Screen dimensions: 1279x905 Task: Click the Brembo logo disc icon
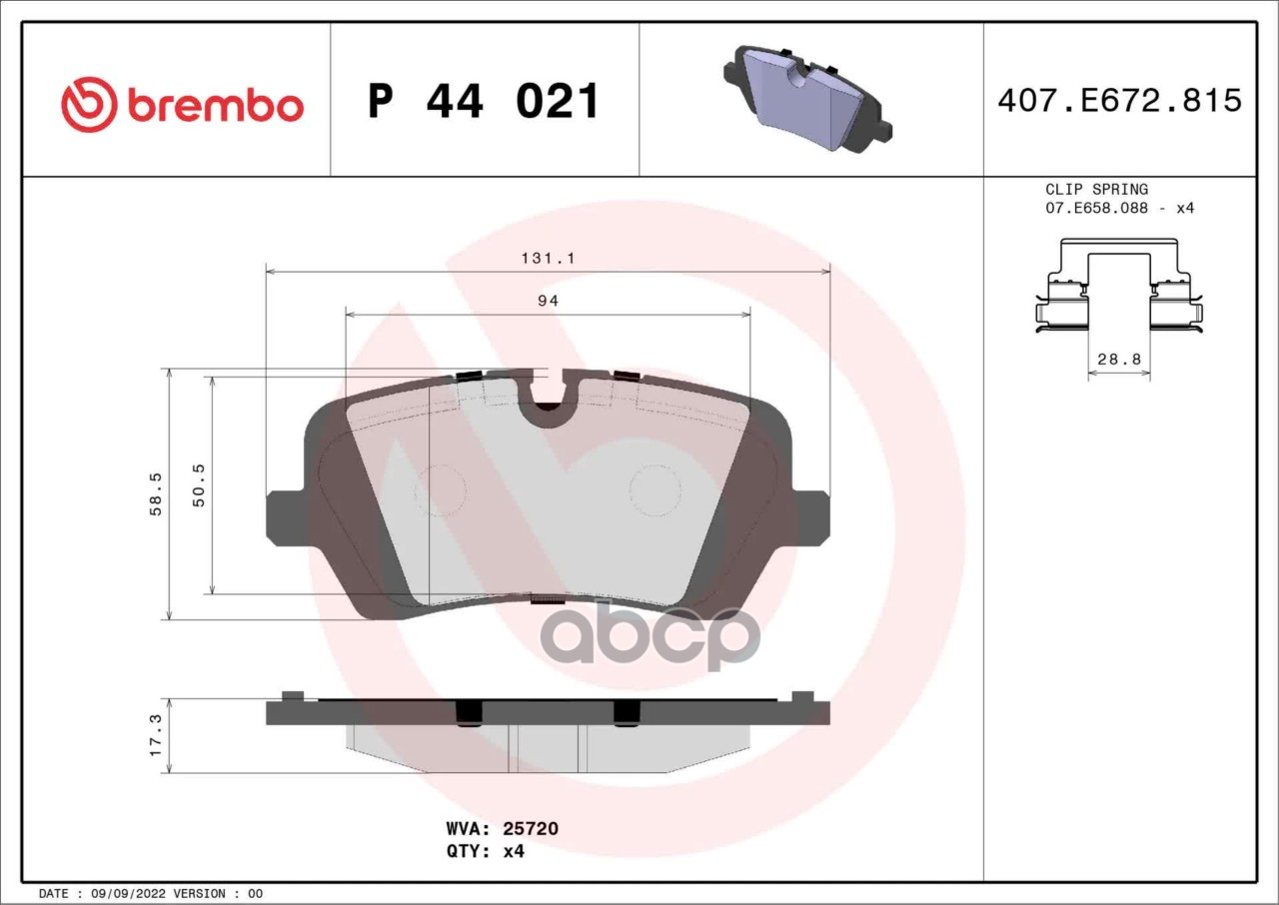pyautogui.click(x=89, y=105)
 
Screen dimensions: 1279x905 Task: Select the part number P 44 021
pyautogui.click(x=483, y=101)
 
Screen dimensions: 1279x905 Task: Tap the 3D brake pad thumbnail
pyautogui.click(x=807, y=98)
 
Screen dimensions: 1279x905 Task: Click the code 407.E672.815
pyautogui.click(x=1120, y=101)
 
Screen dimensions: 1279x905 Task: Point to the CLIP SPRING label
pyautogui.click(x=1096, y=190)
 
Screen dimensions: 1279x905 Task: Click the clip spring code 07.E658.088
pyautogui.click(x=1096, y=209)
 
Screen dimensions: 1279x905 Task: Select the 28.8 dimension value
pyautogui.click(x=1119, y=359)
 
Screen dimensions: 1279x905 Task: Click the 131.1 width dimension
pyautogui.click(x=548, y=258)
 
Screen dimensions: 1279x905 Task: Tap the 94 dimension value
pyautogui.click(x=548, y=301)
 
